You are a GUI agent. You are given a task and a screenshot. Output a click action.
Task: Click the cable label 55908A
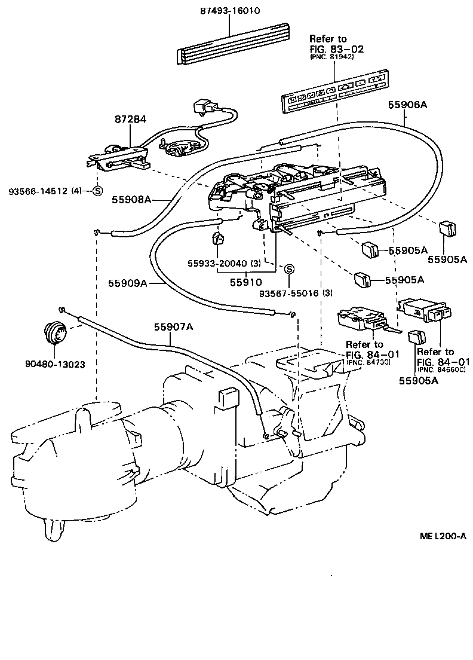(x=131, y=200)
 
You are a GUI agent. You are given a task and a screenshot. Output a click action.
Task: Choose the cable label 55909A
(x=128, y=283)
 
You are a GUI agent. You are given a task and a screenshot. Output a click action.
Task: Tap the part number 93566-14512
(x=38, y=191)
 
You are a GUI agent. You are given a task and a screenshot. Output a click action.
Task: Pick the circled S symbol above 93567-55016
(x=288, y=269)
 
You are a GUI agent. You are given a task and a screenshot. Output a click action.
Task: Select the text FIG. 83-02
(x=337, y=49)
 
